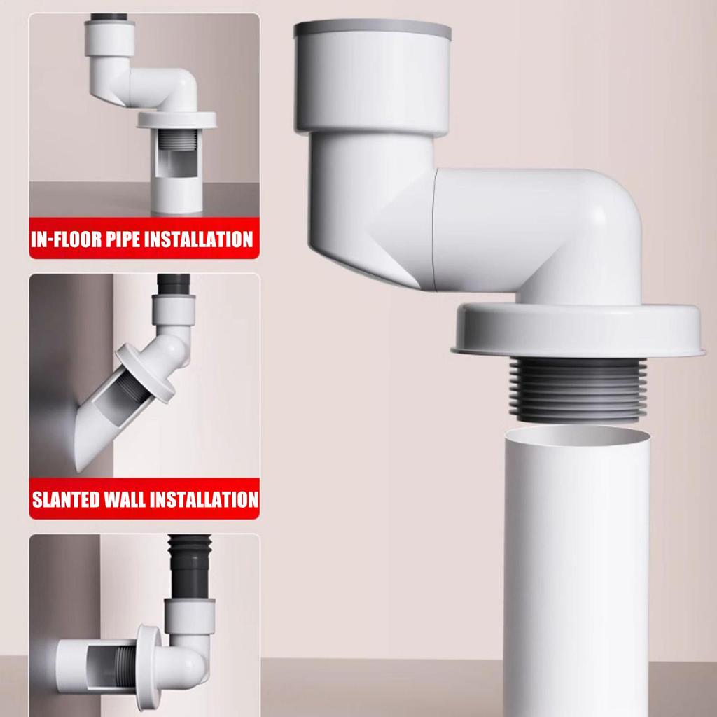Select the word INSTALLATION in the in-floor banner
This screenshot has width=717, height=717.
[x=200, y=239]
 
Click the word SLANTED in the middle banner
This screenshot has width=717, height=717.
[x=68, y=500]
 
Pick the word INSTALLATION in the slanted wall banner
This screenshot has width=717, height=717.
[x=204, y=500]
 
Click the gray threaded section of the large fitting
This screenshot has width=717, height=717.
[x=576, y=389]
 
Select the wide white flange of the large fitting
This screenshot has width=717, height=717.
[x=576, y=329]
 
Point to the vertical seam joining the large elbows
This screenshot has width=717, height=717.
[x=435, y=231]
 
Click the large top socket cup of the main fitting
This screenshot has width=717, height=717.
[x=372, y=84]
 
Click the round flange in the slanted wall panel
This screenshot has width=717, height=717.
[x=146, y=373]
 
